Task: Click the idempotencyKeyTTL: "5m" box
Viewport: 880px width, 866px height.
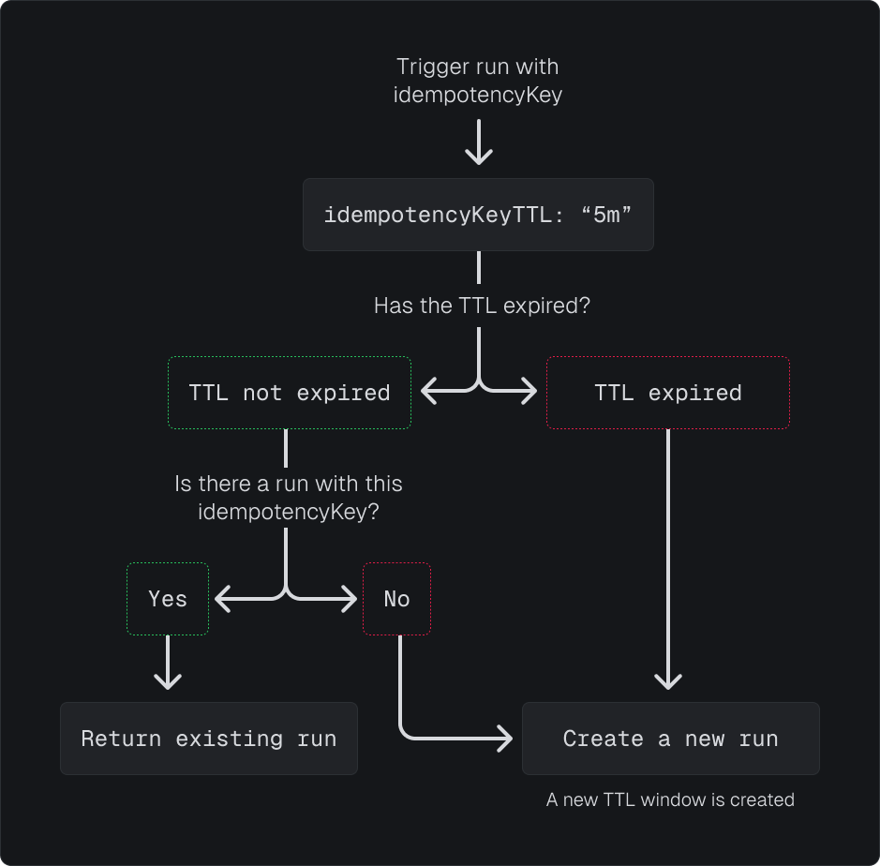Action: pyautogui.click(x=478, y=215)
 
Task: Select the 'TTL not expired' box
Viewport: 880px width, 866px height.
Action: pyautogui.click(x=290, y=393)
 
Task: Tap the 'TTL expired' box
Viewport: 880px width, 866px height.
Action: pyautogui.click(x=668, y=393)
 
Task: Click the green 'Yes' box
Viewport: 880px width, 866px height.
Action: pyautogui.click(x=168, y=599)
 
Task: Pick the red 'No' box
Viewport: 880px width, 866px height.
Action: pyautogui.click(x=396, y=599)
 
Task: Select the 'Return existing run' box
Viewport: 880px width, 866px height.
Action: pyautogui.click(x=209, y=739)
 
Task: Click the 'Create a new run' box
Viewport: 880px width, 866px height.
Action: pyautogui.click(x=671, y=739)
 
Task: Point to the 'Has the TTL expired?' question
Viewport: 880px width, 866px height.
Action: pyautogui.click(x=482, y=306)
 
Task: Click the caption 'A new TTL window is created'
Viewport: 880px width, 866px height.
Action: pyautogui.click(x=670, y=799)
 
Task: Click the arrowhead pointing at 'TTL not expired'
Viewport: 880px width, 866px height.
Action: pyautogui.click(x=427, y=392)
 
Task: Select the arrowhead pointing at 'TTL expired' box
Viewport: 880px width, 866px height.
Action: pyautogui.click(x=530, y=392)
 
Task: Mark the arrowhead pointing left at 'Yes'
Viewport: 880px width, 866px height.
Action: pyautogui.click(x=222, y=598)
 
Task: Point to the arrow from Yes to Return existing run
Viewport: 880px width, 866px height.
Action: pyautogui.click(x=168, y=666)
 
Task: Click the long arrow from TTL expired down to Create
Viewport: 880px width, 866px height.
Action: pyautogui.click(x=668, y=562)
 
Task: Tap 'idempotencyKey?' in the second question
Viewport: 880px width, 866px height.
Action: pyautogui.click(x=289, y=512)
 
